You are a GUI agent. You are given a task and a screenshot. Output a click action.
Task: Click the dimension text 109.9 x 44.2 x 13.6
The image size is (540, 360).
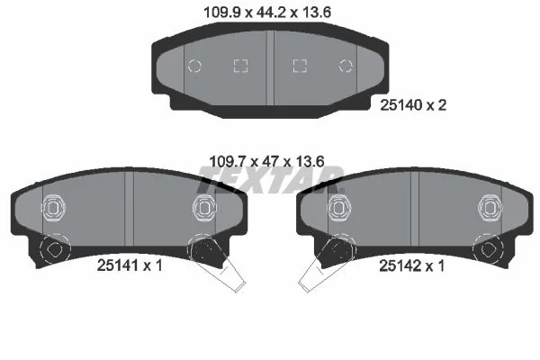click(267, 13)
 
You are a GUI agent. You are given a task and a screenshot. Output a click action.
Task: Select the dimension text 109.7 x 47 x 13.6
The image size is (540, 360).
click(267, 161)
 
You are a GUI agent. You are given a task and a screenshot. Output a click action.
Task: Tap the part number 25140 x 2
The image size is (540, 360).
click(413, 105)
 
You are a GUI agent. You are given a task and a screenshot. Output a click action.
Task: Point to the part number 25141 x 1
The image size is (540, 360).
click(130, 265)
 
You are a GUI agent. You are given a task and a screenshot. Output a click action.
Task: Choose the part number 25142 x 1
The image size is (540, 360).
click(411, 265)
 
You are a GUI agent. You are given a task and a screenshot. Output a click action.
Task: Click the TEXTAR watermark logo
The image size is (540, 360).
click(270, 180)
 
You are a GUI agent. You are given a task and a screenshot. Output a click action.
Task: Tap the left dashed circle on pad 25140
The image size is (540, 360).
click(194, 66)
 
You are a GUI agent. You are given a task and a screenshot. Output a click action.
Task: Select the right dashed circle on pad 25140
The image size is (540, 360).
click(346, 66)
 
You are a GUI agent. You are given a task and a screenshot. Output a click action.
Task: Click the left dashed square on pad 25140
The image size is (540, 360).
click(240, 66)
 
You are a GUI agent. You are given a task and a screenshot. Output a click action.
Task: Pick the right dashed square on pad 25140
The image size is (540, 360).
click(300, 66)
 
